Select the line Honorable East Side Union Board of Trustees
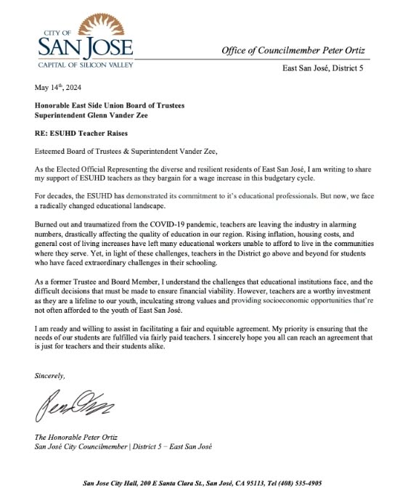[x=109, y=105]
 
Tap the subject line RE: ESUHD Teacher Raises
[x=78, y=134]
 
